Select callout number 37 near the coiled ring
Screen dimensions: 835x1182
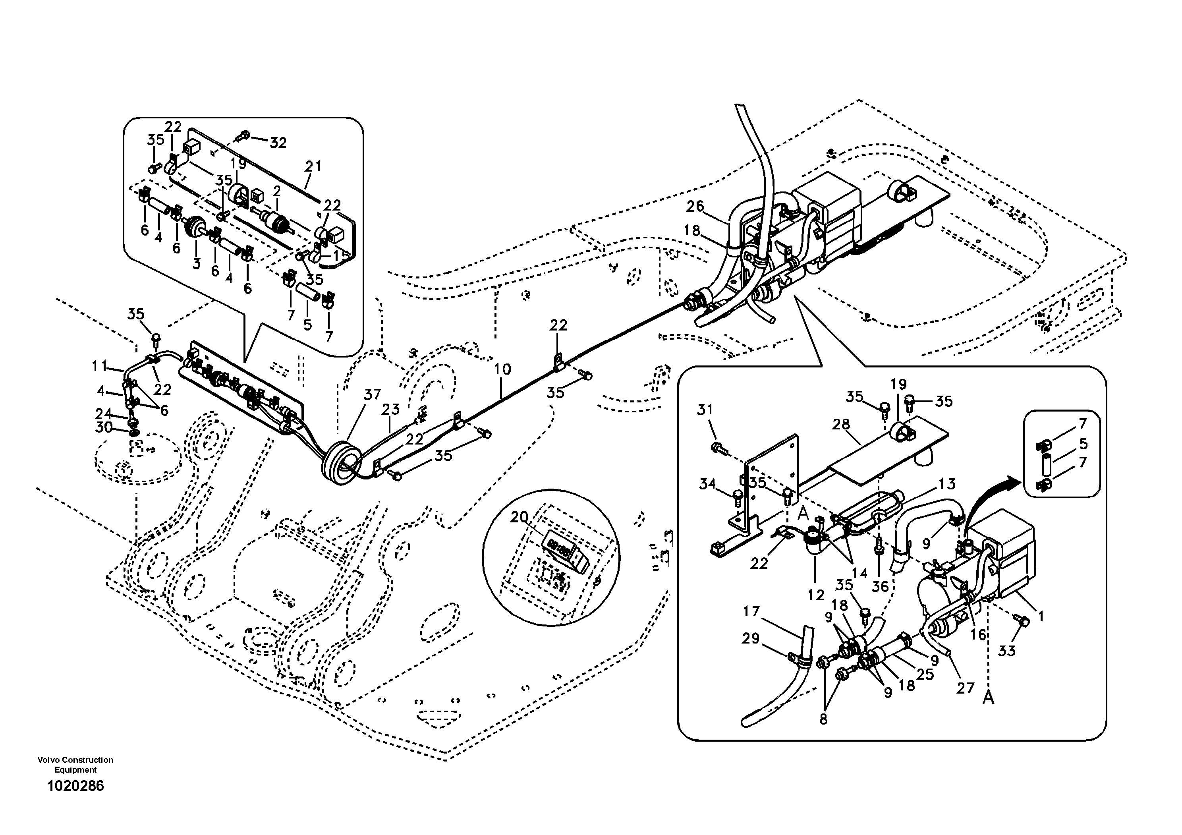[x=372, y=395]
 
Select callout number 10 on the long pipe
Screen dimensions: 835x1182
[x=502, y=369]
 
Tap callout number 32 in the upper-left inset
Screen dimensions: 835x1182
[x=278, y=143]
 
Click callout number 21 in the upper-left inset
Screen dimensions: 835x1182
[x=313, y=166]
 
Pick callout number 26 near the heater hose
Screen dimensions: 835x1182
[x=695, y=207]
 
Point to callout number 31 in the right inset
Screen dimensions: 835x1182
[x=705, y=410]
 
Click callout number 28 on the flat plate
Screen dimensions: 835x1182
[x=841, y=424]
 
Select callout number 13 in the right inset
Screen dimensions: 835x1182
[x=947, y=483]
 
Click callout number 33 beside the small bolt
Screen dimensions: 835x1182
[x=1007, y=651]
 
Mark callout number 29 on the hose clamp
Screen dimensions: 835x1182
[x=751, y=638]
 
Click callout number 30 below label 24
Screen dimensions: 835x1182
[x=104, y=427]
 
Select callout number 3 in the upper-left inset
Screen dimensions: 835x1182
[x=197, y=264]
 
